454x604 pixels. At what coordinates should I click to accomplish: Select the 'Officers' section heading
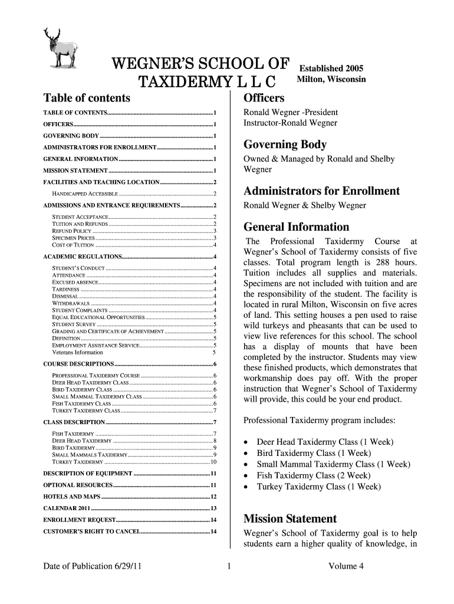coord(264,97)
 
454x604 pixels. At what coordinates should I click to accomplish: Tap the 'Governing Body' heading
coord(285,145)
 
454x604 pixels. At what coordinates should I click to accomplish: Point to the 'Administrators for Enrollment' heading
coord(321,191)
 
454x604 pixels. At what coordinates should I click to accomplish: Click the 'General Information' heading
coord(296,226)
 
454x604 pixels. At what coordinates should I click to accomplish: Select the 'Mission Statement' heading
coord(290,519)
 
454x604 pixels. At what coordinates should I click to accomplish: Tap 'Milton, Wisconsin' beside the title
coord(331,79)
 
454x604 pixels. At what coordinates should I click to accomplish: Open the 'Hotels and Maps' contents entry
coord(71,496)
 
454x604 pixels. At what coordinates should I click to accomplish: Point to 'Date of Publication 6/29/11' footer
coord(92,567)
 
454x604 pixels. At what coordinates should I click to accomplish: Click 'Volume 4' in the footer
coord(346,567)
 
